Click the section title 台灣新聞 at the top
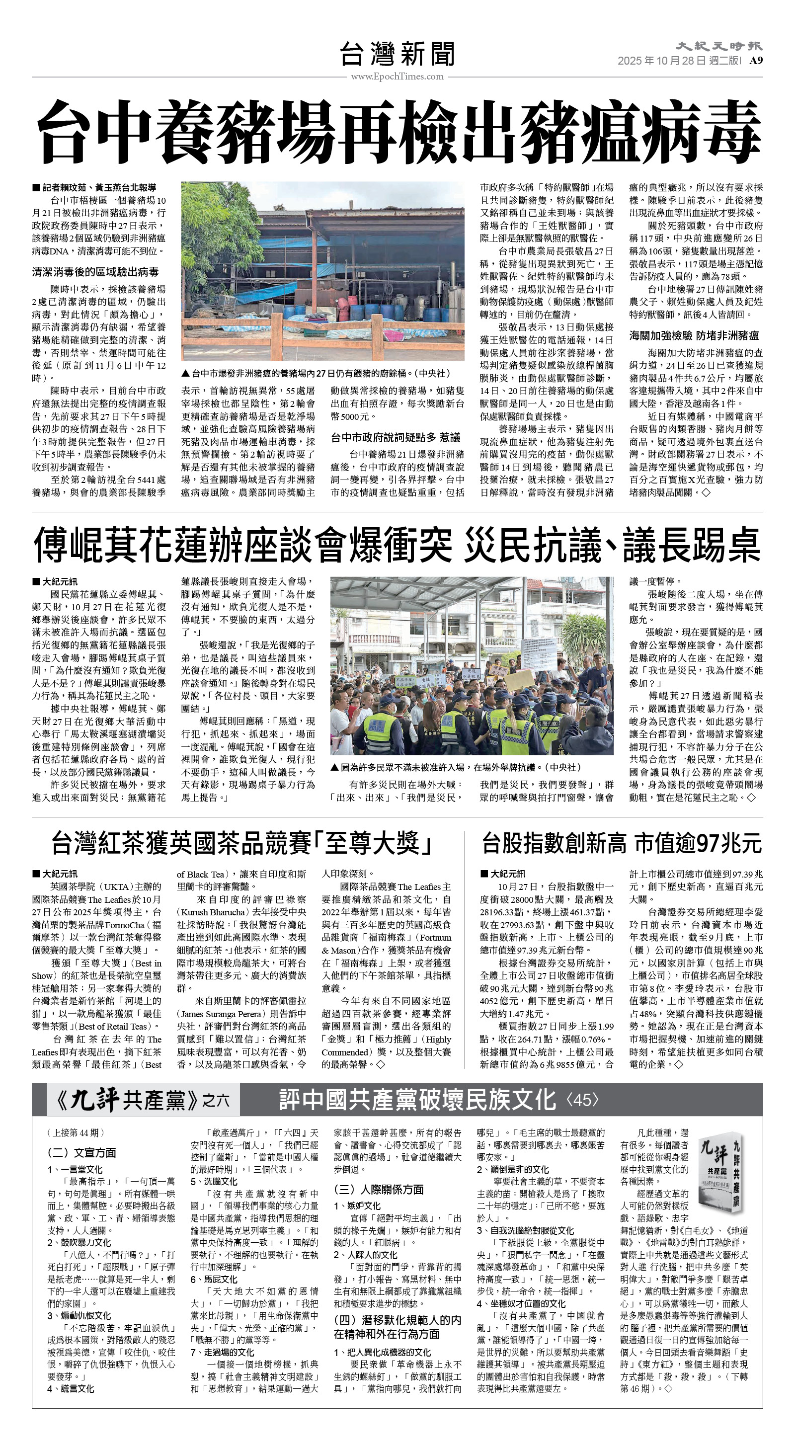(x=397, y=55)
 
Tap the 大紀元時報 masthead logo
(x=718, y=46)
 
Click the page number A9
(x=756, y=61)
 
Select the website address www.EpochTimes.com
(x=397, y=77)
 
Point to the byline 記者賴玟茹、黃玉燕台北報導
(x=94, y=188)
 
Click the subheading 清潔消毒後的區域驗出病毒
(x=95, y=272)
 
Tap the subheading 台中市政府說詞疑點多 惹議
(x=396, y=437)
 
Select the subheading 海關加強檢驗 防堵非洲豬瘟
(x=694, y=335)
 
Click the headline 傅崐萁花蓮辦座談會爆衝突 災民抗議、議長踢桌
(x=397, y=545)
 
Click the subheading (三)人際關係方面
(x=379, y=1189)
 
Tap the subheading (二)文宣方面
(x=81, y=1153)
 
